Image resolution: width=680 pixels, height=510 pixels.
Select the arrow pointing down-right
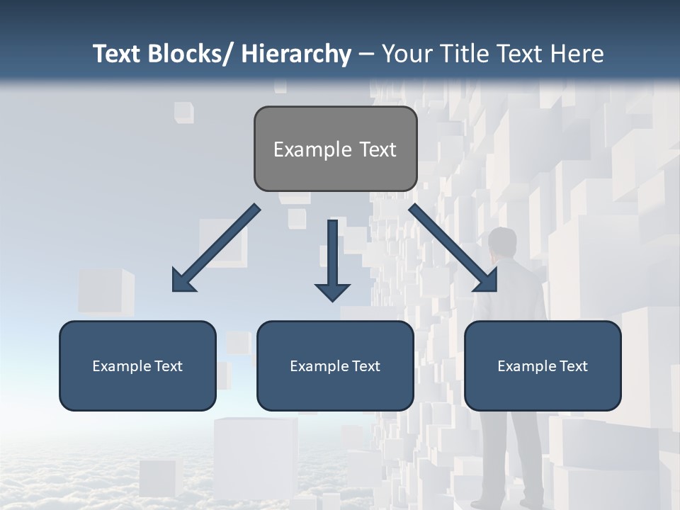point(453,248)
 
